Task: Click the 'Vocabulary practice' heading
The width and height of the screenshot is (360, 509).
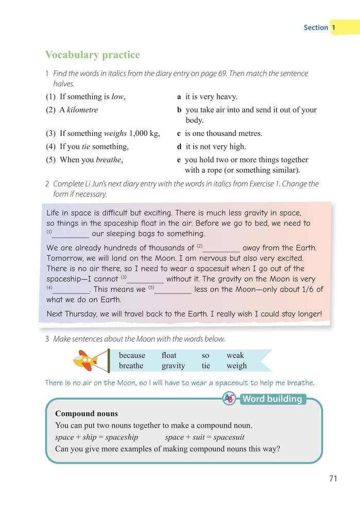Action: (x=92, y=55)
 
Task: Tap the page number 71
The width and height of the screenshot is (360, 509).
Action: (x=333, y=479)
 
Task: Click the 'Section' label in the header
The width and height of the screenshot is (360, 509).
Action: (x=315, y=27)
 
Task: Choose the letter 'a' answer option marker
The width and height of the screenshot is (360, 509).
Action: (x=179, y=96)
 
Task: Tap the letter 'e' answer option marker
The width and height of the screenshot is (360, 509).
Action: (x=179, y=160)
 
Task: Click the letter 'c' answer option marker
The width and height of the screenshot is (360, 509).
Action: (x=179, y=133)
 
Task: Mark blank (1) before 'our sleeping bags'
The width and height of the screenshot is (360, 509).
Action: (x=71, y=233)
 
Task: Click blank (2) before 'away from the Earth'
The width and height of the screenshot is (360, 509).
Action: (x=221, y=248)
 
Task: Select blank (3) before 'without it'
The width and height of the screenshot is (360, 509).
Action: (x=145, y=279)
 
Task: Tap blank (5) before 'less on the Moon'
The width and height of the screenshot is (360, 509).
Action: (x=173, y=289)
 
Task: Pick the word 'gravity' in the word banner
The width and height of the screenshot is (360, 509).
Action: (x=173, y=366)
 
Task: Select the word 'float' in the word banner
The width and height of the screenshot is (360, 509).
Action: (x=169, y=355)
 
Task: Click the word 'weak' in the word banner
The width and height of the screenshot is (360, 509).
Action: (x=235, y=355)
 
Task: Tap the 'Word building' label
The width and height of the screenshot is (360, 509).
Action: (x=272, y=399)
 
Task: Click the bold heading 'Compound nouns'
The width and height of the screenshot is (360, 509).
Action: (x=87, y=414)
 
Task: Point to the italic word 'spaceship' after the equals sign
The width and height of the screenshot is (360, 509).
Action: (x=122, y=437)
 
